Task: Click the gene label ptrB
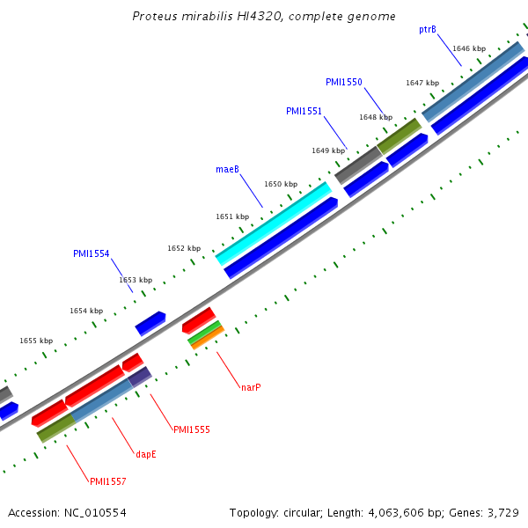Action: pos(428,29)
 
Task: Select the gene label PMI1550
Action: pos(343,82)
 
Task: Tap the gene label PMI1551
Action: pos(304,111)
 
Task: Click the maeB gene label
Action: pos(227,169)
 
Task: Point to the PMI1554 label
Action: pos(91,253)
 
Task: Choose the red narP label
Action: pos(251,386)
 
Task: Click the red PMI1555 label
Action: pos(191,429)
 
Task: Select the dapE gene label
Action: pos(145,454)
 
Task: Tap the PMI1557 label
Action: pos(107,481)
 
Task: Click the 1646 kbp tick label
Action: pos(468,48)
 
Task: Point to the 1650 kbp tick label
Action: pos(281,184)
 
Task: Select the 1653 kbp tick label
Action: pos(136,280)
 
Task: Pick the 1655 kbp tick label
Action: pos(36,341)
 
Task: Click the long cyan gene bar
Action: pos(273,224)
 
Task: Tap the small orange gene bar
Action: pos(208,338)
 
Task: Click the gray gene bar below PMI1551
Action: pos(358,165)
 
